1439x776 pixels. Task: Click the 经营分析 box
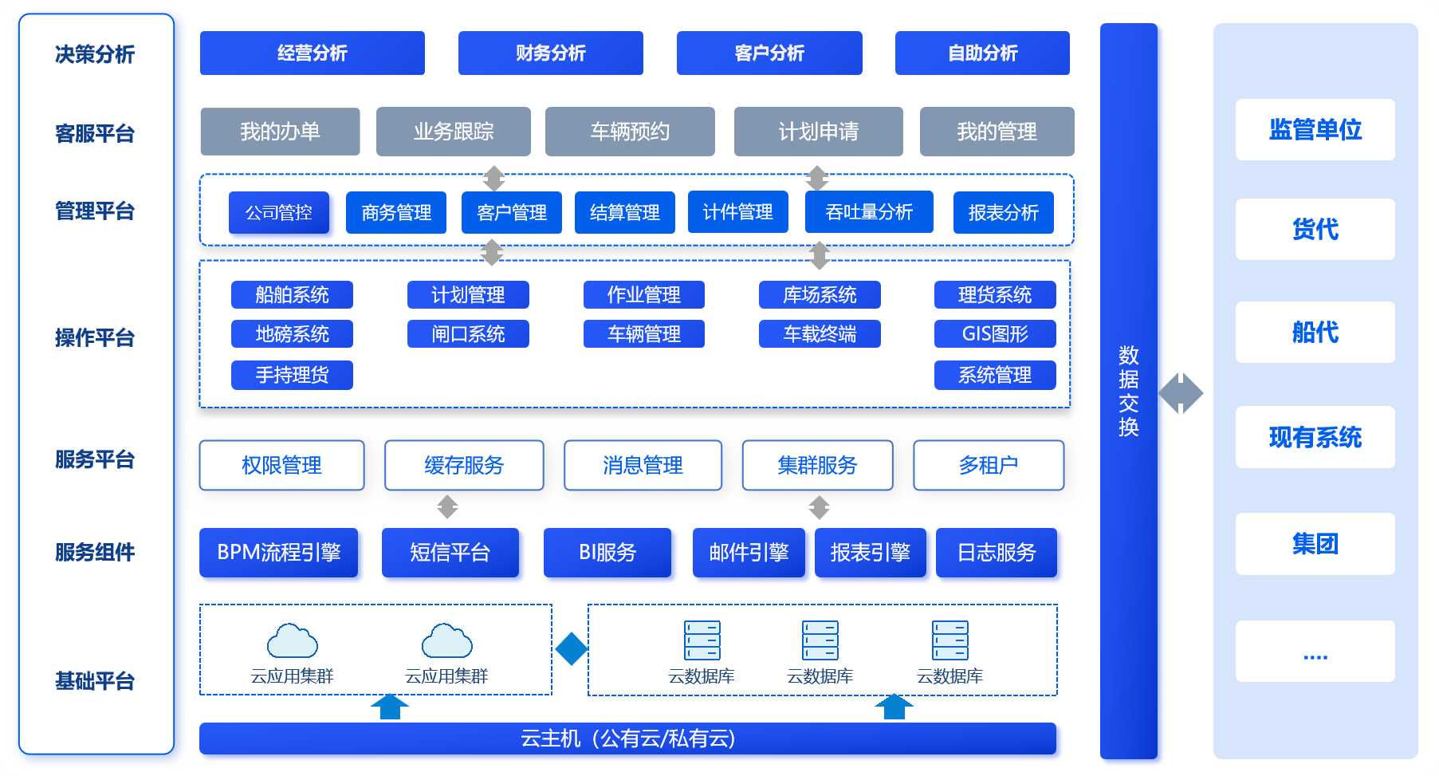coord(312,53)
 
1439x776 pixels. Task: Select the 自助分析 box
coord(982,53)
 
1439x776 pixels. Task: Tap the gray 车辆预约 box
coord(630,132)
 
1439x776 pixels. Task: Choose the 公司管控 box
coord(278,212)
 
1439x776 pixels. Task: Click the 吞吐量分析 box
coord(869,212)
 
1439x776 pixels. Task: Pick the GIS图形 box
coord(995,333)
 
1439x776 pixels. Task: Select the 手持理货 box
coord(292,375)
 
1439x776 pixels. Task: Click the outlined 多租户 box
coord(989,465)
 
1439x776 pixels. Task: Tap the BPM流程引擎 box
coord(278,552)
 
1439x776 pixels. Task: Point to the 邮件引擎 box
coord(749,552)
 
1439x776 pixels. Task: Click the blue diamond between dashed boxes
coord(571,648)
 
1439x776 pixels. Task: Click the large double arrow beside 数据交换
coord(1181,393)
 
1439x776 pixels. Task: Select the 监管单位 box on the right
coord(1315,129)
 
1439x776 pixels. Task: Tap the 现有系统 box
coord(1315,437)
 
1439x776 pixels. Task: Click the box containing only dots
coord(1315,651)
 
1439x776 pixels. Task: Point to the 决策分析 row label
coord(95,54)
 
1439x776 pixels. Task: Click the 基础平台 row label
coord(95,681)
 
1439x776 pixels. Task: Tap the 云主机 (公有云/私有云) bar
coord(627,739)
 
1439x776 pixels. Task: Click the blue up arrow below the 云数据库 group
coord(894,707)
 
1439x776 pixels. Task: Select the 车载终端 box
coord(820,333)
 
